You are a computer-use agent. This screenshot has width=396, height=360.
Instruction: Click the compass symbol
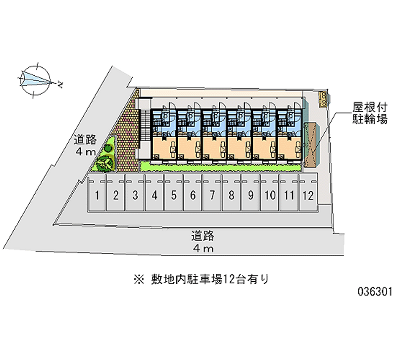(x=35, y=79)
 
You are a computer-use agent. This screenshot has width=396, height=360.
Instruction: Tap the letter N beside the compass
(x=60, y=85)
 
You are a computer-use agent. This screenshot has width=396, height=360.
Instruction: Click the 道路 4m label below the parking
(x=203, y=241)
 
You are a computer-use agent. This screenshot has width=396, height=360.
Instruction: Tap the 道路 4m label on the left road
(x=85, y=146)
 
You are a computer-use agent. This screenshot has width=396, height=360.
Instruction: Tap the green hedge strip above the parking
(x=220, y=166)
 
